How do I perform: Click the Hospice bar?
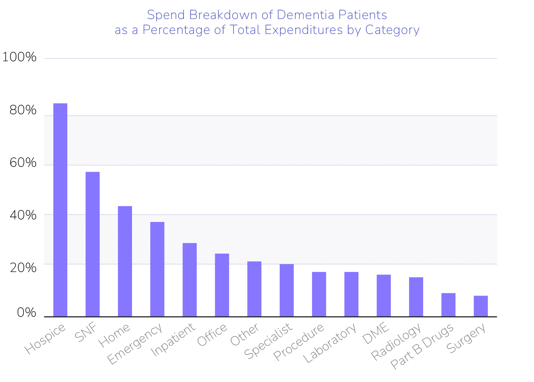pos(60,210)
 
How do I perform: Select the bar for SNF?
pos(92,244)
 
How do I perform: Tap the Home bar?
pos(125,261)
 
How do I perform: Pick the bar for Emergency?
pos(157,269)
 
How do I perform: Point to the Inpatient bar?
pos(189,279)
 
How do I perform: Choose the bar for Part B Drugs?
pos(448,304)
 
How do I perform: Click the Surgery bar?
pos(481,306)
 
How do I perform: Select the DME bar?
pos(384,295)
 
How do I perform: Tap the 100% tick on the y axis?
pos(19,57)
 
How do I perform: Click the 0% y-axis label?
pos(26,313)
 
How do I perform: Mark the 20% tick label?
pos(23,267)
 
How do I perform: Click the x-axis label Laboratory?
pos(330,344)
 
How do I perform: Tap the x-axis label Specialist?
pos(268,341)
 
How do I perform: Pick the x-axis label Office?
pos(212,335)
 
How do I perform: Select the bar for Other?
pos(254,289)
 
